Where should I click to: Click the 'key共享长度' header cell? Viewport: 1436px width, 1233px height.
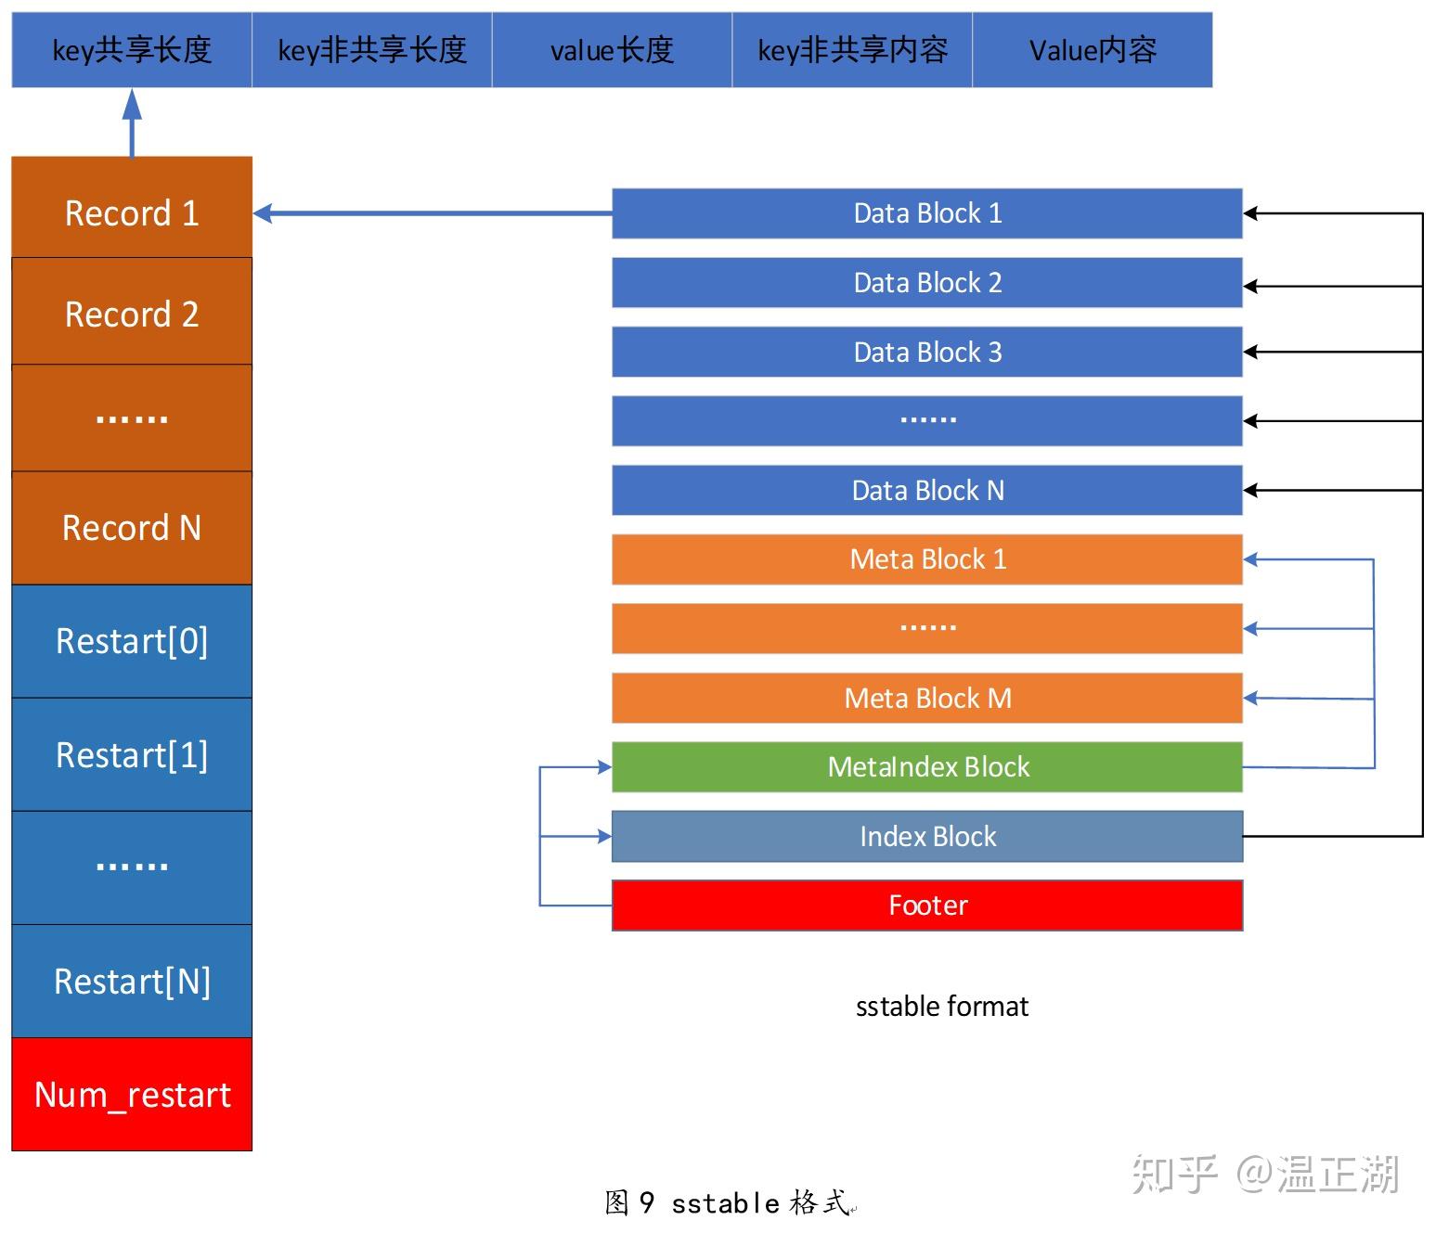132,50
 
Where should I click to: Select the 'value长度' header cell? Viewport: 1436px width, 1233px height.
612,50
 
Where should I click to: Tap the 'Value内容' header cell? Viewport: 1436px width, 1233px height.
1093,50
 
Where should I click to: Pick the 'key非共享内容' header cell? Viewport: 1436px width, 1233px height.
852,50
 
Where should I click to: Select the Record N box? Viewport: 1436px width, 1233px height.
132,528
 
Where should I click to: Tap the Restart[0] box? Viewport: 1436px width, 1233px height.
132,641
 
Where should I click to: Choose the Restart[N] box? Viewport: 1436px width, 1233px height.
132,981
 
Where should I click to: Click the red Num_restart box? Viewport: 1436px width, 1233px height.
132,1095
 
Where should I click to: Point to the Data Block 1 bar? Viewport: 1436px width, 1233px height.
926,213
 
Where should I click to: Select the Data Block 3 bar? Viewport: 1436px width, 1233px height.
926,352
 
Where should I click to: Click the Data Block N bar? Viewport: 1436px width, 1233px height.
926,490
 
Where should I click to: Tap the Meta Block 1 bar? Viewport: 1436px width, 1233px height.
926,559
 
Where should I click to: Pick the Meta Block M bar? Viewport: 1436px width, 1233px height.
926,698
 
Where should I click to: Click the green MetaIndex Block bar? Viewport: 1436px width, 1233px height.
926,767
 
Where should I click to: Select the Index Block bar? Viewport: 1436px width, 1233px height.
926,837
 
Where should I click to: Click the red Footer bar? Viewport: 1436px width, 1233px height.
926,905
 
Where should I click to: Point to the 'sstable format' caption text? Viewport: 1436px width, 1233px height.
941,1007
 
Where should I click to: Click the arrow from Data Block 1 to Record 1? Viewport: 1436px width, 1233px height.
432,213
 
